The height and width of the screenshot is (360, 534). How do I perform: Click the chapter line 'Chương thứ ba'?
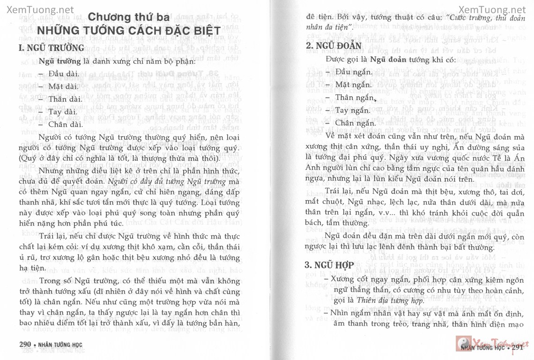pyautogui.click(x=129, y=17)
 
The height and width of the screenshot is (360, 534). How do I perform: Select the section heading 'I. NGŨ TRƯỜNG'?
pyautogui.click(x=51, y=48)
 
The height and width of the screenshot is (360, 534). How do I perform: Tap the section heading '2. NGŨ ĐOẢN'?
pyautogui.click(x=334, y=45)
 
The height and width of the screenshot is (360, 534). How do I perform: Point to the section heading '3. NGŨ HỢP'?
pyautogui.click(x=329, y=265)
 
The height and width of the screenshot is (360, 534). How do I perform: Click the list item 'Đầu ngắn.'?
pyautogui.click(x=354, y=72)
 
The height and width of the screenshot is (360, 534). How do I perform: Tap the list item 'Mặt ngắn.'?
pyautogui.click(x=354, y=85)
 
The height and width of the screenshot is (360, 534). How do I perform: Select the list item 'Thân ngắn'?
pyautogui.click(x=354, y=97)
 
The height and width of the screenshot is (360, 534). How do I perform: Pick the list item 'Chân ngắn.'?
pyautogui.click(x=356, y=123)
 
